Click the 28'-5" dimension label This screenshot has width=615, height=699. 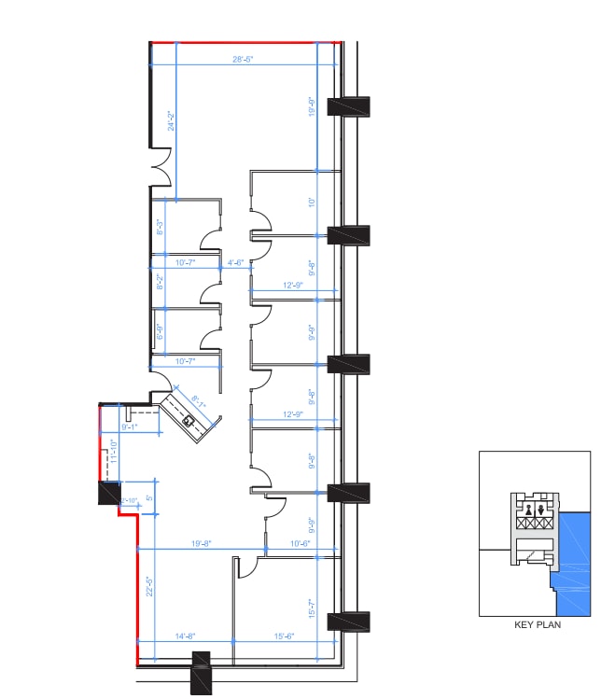tap(244, 59)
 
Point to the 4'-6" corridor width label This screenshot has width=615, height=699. tap(236, 263)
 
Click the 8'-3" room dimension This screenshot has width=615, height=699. tap(161, 227)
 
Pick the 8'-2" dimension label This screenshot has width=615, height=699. tap(161, 281)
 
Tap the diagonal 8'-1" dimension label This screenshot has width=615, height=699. tap(200, 403)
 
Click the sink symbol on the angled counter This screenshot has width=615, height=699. tap(189, 420)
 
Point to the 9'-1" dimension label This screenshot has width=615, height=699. tap(130, 427)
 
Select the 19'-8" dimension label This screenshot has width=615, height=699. tap(202, 543)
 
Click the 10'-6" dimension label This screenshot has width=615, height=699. tap(300, 543)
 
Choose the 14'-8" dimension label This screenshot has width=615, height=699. tap(183, 636)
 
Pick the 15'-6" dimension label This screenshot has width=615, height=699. tap(285, 636)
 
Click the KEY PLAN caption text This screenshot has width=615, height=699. tap(538, 625)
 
